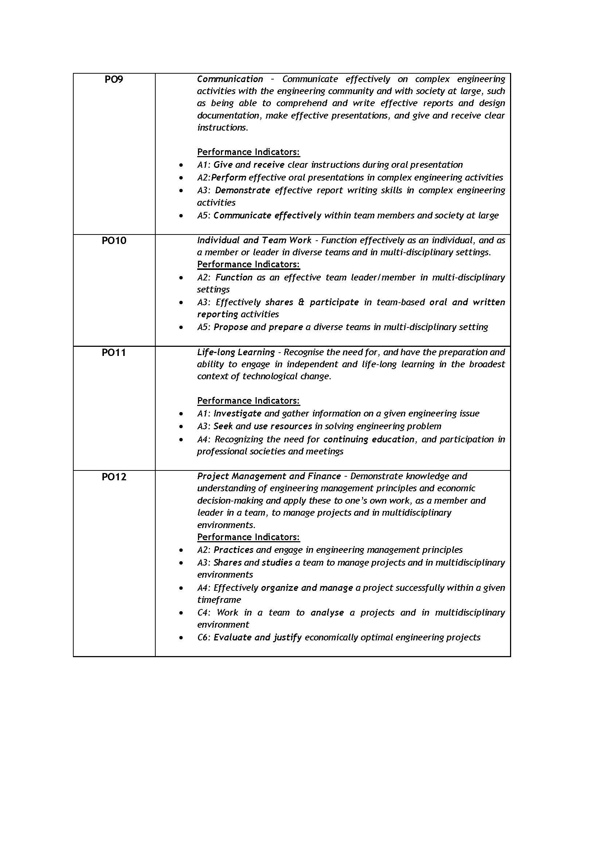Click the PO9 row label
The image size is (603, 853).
[x=114, y=80]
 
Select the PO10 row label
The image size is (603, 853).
[x=114, y=241]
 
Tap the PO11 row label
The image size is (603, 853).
[x=114, y=353]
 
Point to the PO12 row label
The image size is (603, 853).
[x=114, y=477]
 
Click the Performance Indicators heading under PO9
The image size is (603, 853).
[x=248, y=152]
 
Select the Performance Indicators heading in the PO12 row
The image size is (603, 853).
[x=248, y=537]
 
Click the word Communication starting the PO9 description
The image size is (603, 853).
[x=230, y=79]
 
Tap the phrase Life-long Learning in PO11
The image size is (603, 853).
[x=236, y=352]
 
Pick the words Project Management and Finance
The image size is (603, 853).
[x=269, y=476]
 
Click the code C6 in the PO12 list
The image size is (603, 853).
[x=203, y=637]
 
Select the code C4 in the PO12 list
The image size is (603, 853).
[x=203, y=613]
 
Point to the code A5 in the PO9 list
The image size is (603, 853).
[x=203, y=216]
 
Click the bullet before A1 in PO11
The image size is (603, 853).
[x=181, y=414]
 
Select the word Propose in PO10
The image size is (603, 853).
[x=230, y=327]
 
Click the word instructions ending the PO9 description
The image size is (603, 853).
[x=222, y=128]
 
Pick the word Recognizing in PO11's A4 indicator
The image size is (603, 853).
[x=239, y=439]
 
